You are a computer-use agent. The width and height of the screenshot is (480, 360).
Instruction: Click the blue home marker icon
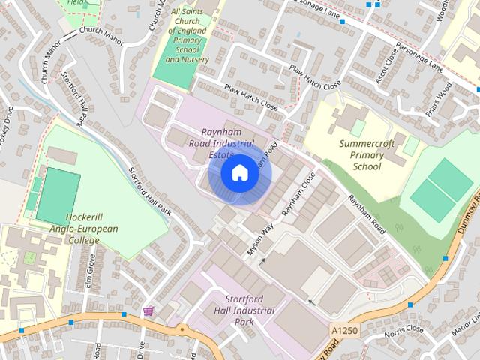click(x=239, y=173)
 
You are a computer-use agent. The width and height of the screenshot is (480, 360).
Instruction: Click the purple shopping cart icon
click(x=148, y=310)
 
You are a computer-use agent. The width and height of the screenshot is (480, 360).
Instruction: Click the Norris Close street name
click(x=403, y=330)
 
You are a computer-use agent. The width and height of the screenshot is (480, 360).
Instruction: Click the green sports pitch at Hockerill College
click(x=58, y=196)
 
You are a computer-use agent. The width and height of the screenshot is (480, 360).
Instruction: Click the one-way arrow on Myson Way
click(x=262, y=261)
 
